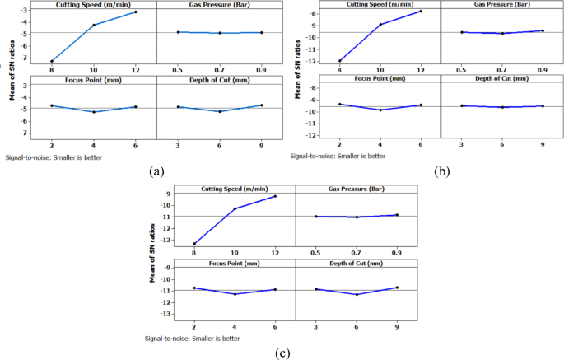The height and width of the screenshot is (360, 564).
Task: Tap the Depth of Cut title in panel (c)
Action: tap(357, 263)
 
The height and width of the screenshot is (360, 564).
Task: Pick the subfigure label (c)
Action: tap(283, 353)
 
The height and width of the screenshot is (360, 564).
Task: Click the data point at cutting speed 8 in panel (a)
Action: tap(51, 61)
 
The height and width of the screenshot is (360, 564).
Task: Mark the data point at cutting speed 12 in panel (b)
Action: tap(422, 11)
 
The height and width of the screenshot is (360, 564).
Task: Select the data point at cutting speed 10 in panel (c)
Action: tap(235, 208)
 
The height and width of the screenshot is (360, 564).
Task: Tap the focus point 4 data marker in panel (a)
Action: tap(93, 112)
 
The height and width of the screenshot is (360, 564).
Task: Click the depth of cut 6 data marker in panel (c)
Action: tap(357, 294)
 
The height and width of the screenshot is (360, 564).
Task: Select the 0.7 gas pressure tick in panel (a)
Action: tap(220, 70)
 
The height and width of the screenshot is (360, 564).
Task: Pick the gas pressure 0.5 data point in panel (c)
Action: tap(315, 217)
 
